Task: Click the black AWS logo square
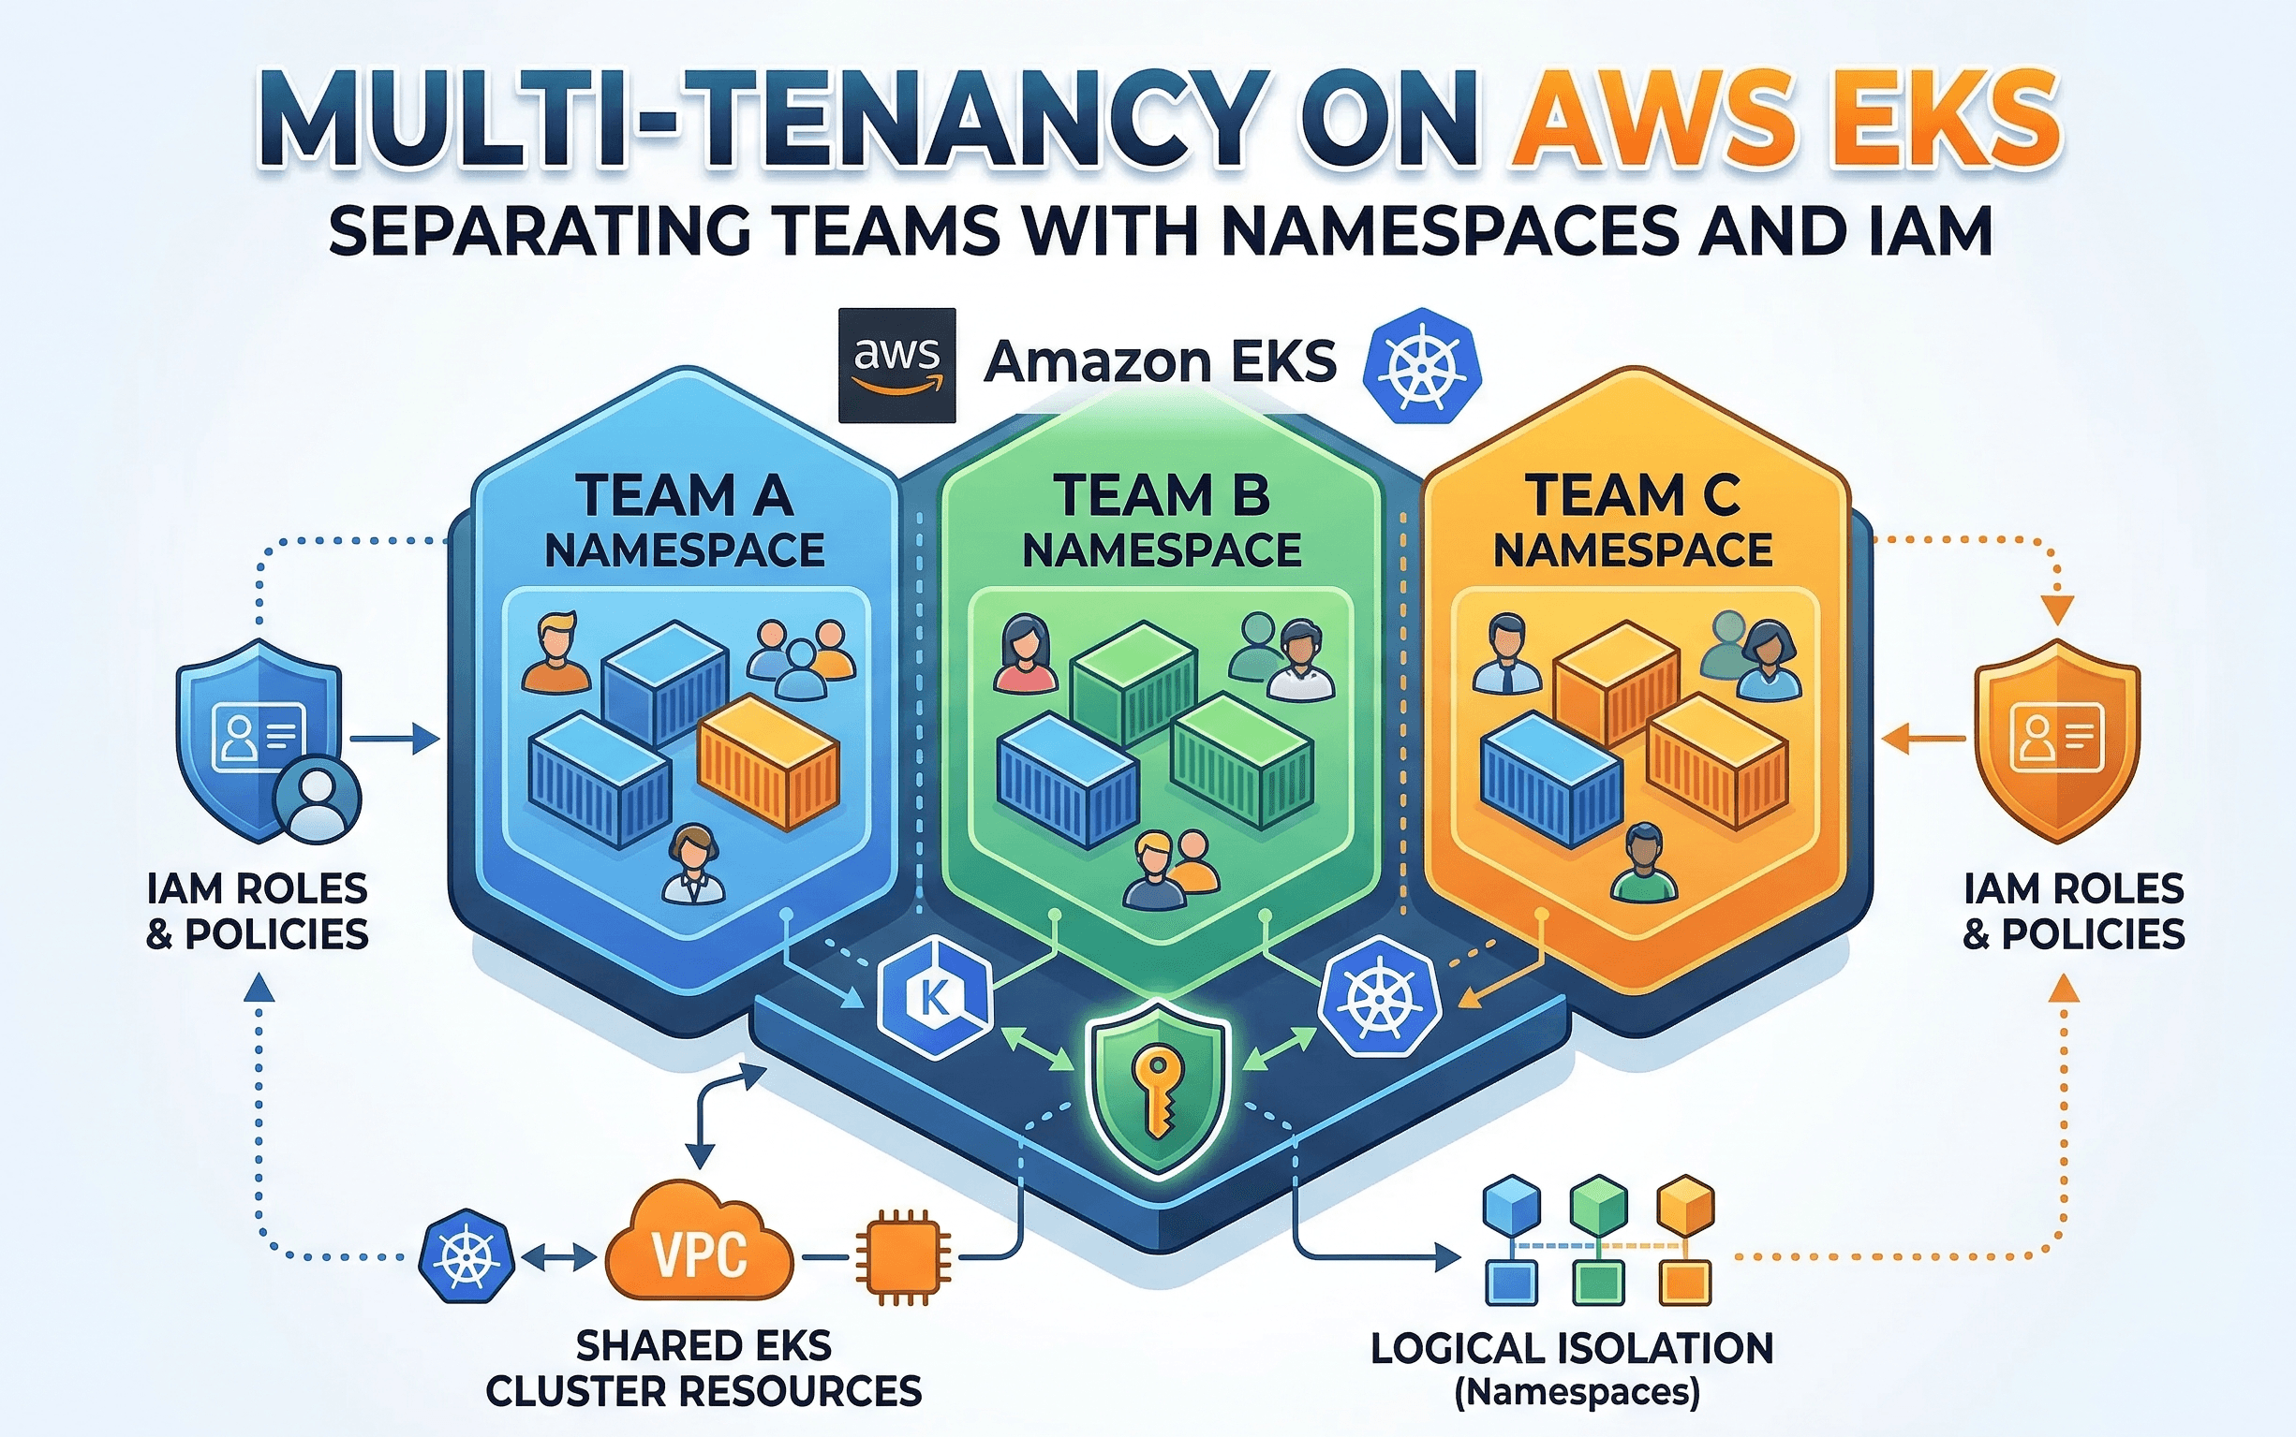tap(896, 365)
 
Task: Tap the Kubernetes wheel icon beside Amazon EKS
tap(1421, 366)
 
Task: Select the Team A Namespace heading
tap(684, 521)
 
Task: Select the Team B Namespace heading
tap(1161, 521)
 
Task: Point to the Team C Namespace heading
tap(1633, 521)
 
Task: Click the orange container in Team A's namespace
tap(768, 760)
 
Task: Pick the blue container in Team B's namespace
tap(1067, 779)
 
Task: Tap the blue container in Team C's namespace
tap(1549, 779)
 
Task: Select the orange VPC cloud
tap(700, 1245)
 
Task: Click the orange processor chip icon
tap(902, 1256)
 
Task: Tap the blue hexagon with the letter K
tap(935, 997)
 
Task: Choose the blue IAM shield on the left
tap(257, 737)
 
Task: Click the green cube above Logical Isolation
tap(1598, 1204)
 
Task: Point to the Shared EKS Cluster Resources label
tap(704, 1368)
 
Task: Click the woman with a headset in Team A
tap(693, 864)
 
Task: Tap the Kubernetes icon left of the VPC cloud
tap(466, 1256)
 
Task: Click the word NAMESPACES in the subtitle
tap(1451, 231)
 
